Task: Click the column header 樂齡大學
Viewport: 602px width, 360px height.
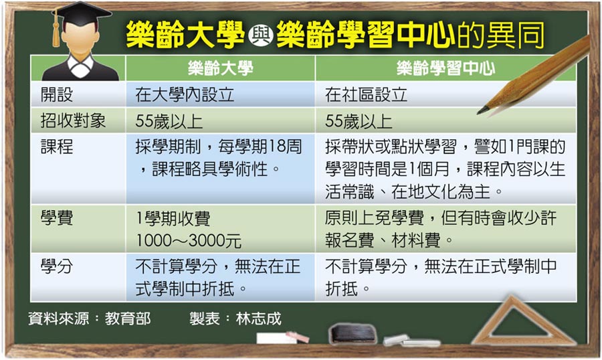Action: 220,68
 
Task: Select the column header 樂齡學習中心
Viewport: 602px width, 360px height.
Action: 445,68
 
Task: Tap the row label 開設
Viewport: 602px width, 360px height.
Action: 57,94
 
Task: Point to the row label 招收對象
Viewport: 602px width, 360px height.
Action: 73,120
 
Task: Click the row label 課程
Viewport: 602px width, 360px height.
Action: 57,147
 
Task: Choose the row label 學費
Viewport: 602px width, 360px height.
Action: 57,217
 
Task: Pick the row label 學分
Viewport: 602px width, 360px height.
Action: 57,266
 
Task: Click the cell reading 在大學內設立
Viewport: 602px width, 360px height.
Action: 185,94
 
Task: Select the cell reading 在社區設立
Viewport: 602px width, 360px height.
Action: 366,94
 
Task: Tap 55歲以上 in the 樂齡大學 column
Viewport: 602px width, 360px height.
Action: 169,121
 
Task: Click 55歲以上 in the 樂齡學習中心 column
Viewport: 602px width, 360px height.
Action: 359,121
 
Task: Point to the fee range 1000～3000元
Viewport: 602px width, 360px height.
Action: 189,241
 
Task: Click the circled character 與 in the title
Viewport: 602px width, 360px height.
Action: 261,35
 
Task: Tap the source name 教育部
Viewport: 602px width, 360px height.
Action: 128,319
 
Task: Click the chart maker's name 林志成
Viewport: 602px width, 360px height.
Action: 258,319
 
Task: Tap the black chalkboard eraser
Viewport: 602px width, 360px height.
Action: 353,333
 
